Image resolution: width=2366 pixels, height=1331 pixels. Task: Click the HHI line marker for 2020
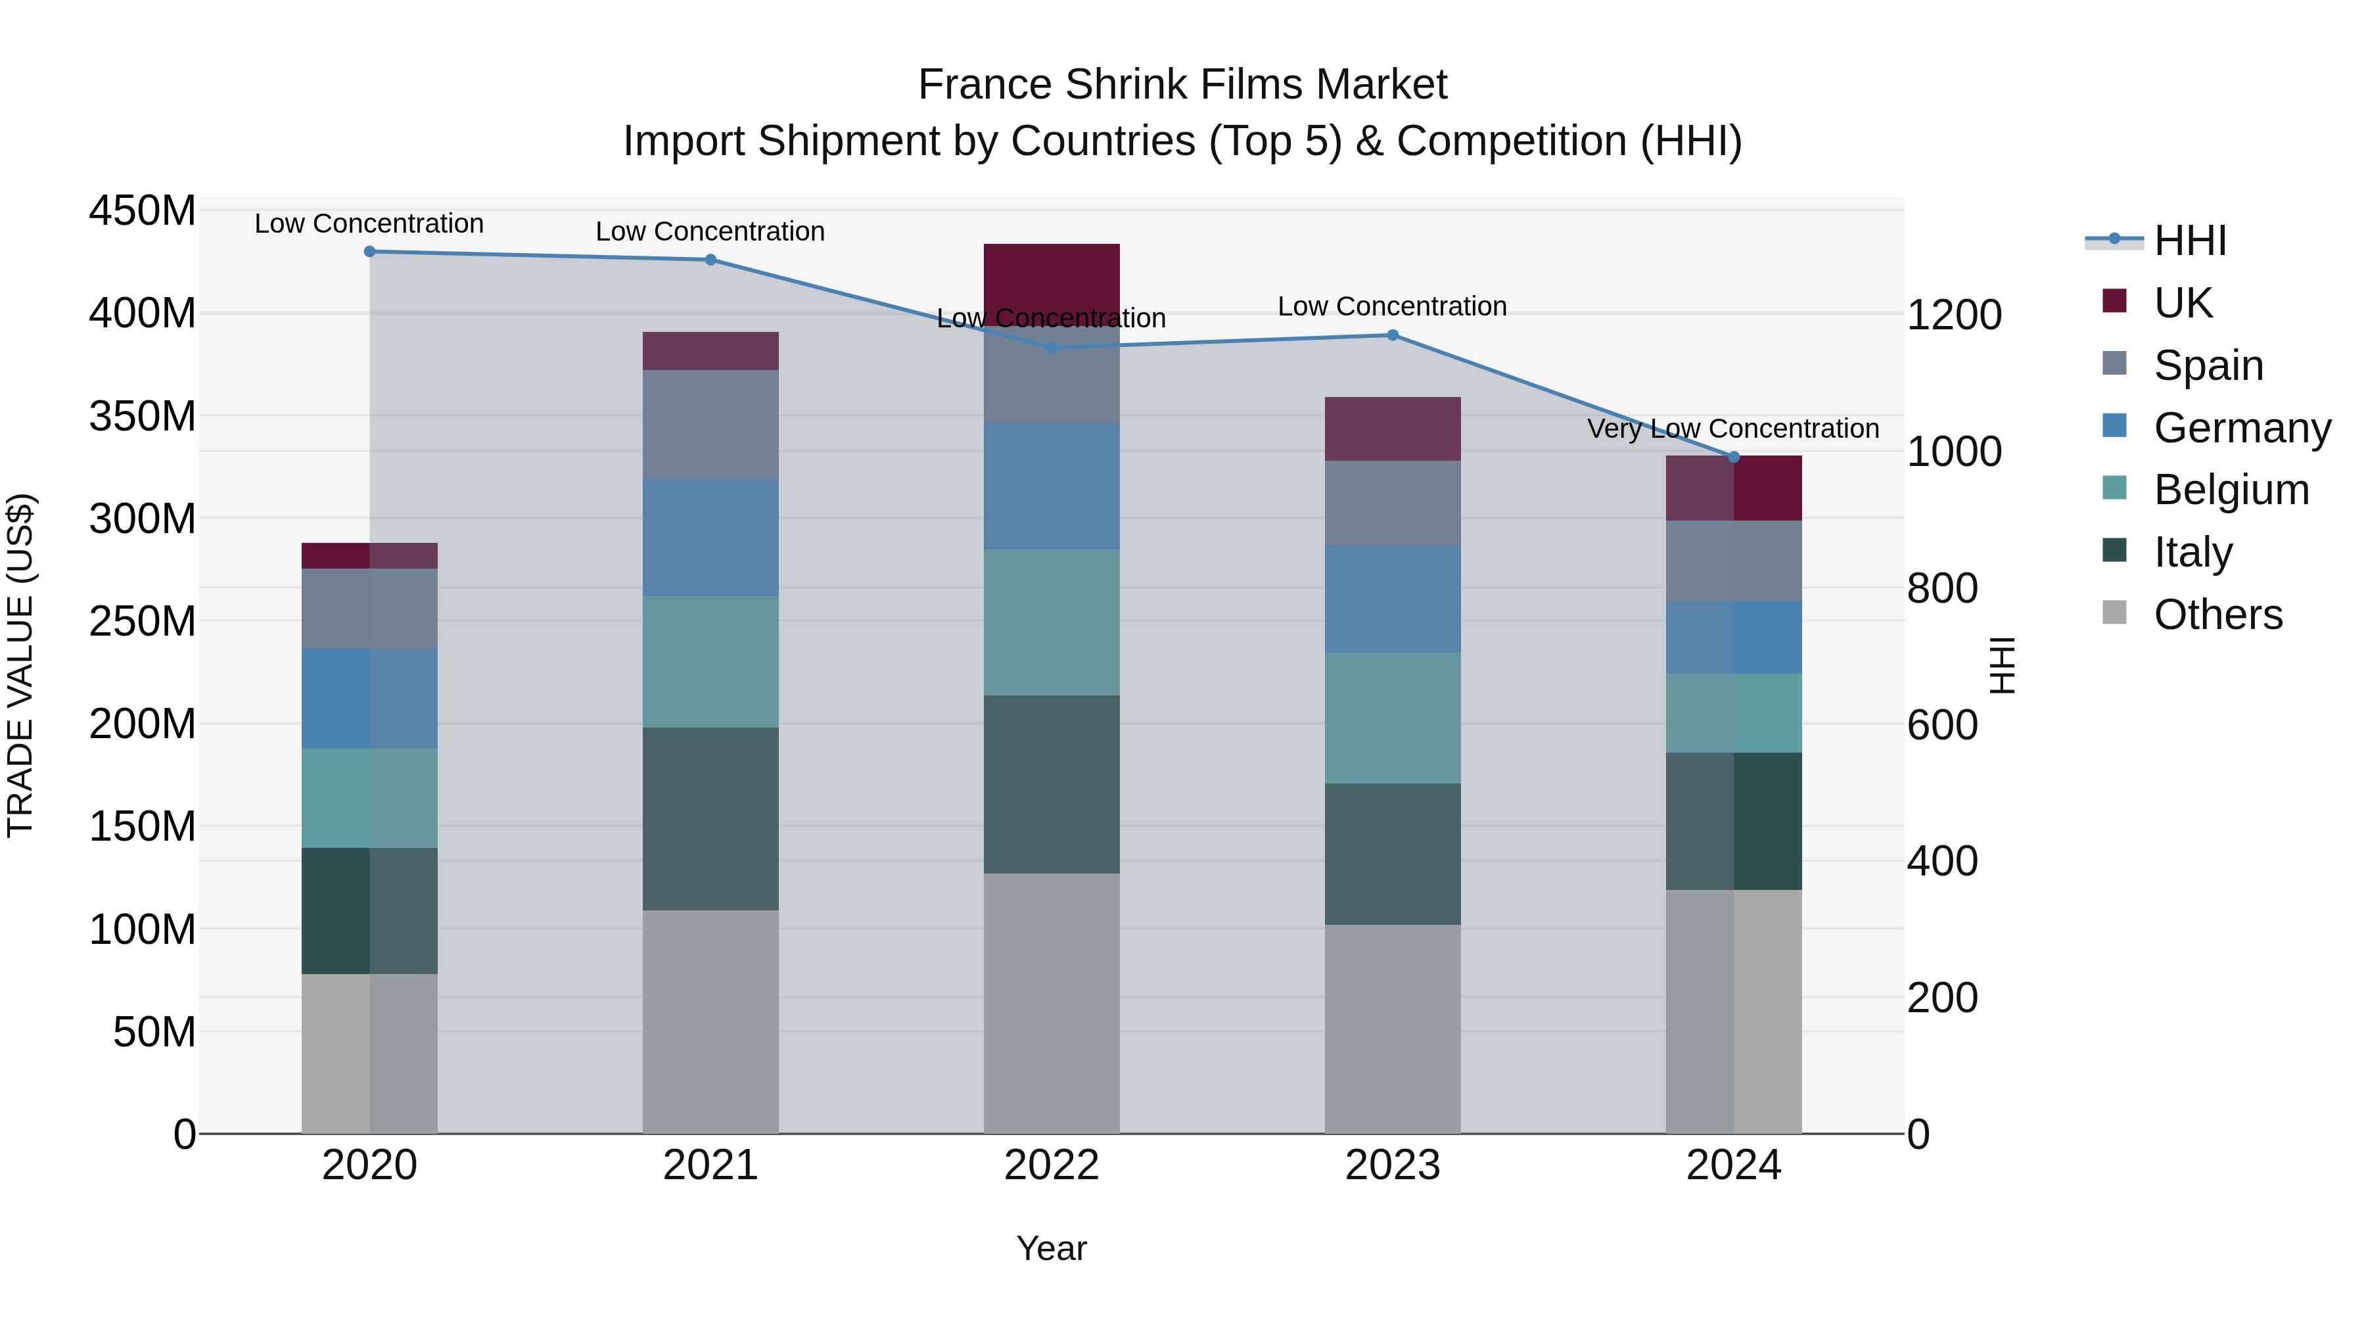(x=369, y=252)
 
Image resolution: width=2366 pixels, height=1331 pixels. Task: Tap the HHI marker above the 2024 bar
(x=1734, y=457)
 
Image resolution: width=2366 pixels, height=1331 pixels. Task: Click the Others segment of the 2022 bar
(x=1052, y=1003)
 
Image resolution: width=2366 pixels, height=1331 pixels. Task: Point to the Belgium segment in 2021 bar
(x=710, y=661)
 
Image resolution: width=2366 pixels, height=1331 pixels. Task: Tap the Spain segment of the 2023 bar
(x=1393, y=503)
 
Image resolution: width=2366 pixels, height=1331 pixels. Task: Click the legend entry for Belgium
(x=2230, y=490)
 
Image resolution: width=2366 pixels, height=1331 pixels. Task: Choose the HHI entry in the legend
(x=2190, y=241)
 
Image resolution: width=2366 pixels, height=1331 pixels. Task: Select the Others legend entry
(x=2217, y=615)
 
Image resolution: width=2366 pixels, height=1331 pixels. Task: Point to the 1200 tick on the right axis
(x=1954, y=315)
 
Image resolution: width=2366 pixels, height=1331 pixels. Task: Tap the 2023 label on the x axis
(x=1393, y=1165)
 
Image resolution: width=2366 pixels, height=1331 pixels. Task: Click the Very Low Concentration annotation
(x=1733, y=429)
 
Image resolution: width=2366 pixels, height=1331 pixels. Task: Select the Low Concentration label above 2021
(x=710, y=231)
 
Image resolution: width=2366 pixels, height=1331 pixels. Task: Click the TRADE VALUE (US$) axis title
(x=21, y=665)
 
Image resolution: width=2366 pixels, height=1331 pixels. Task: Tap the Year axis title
(x=1052, y=1248)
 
